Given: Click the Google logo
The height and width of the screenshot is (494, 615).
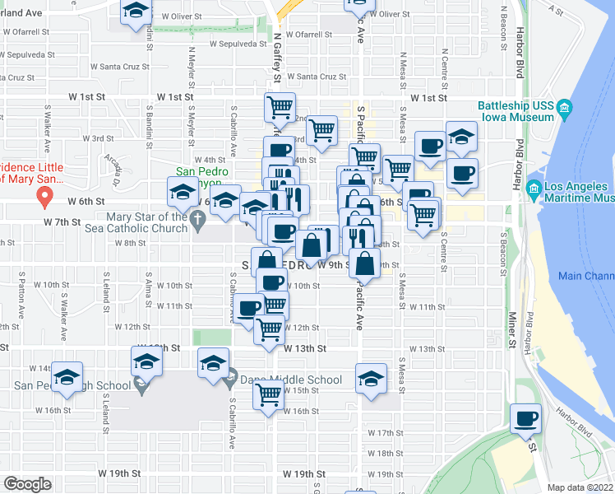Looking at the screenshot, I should point(26,484).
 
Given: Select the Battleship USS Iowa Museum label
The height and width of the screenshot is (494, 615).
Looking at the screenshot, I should point(517,111).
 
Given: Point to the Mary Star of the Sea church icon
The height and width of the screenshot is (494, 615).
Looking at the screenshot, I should point(197,220).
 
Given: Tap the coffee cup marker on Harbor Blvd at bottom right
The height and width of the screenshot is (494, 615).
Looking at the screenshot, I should point(525,419).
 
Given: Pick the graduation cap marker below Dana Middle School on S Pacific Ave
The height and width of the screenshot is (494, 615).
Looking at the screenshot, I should point(371,380).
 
